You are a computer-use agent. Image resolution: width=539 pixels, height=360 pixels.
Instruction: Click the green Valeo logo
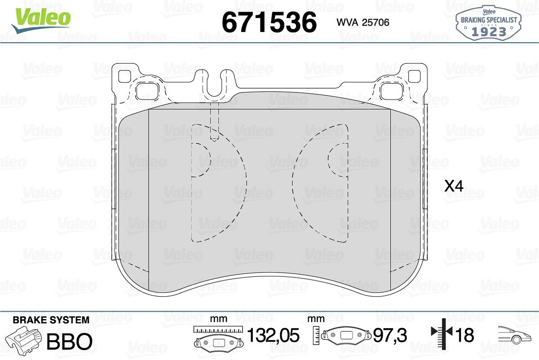[x=41, y=21]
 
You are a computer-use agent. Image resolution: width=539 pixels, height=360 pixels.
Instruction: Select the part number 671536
[x=269, y=22]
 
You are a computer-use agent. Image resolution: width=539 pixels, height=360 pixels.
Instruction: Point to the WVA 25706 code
[x=363, y=22]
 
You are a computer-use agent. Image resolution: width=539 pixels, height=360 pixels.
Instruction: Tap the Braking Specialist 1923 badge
[x=489, y=23]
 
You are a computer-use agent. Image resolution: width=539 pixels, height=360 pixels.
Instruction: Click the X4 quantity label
[x=454, y=186]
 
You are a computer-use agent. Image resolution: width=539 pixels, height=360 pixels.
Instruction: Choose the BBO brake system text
[x=69, y=341]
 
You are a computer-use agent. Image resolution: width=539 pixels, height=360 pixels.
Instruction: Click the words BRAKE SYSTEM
[x=51, y=320]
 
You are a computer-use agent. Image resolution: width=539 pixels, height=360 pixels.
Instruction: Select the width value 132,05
[x=274, y=335]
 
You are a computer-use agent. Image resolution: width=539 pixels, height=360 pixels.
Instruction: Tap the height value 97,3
[x=390, y=335]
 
